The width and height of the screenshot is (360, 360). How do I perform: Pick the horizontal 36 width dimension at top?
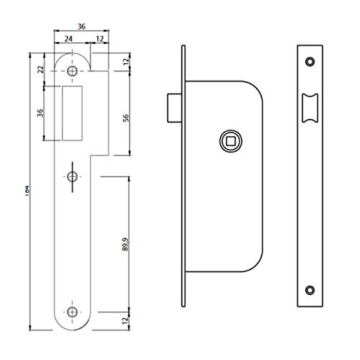82,26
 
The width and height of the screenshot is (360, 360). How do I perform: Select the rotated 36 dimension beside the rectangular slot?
41,114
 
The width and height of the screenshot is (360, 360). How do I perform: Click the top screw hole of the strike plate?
73,72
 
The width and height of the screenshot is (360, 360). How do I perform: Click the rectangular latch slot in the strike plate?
73,112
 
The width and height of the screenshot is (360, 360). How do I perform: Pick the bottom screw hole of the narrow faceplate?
311,290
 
